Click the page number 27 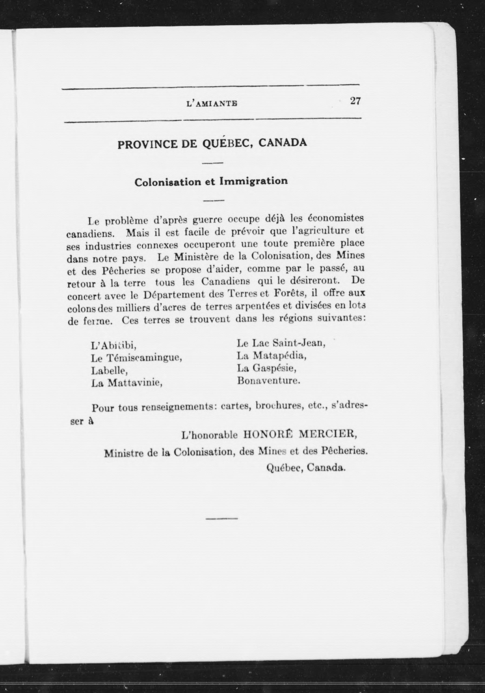[x=355, y=101]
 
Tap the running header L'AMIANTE [x=212, y=104]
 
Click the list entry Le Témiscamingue [x=137, y=358]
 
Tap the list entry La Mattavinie [x=127, y=383]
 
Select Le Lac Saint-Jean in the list [x=281, y=343]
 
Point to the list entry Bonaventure [x=269, y=381]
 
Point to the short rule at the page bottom [x=222, y=519]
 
